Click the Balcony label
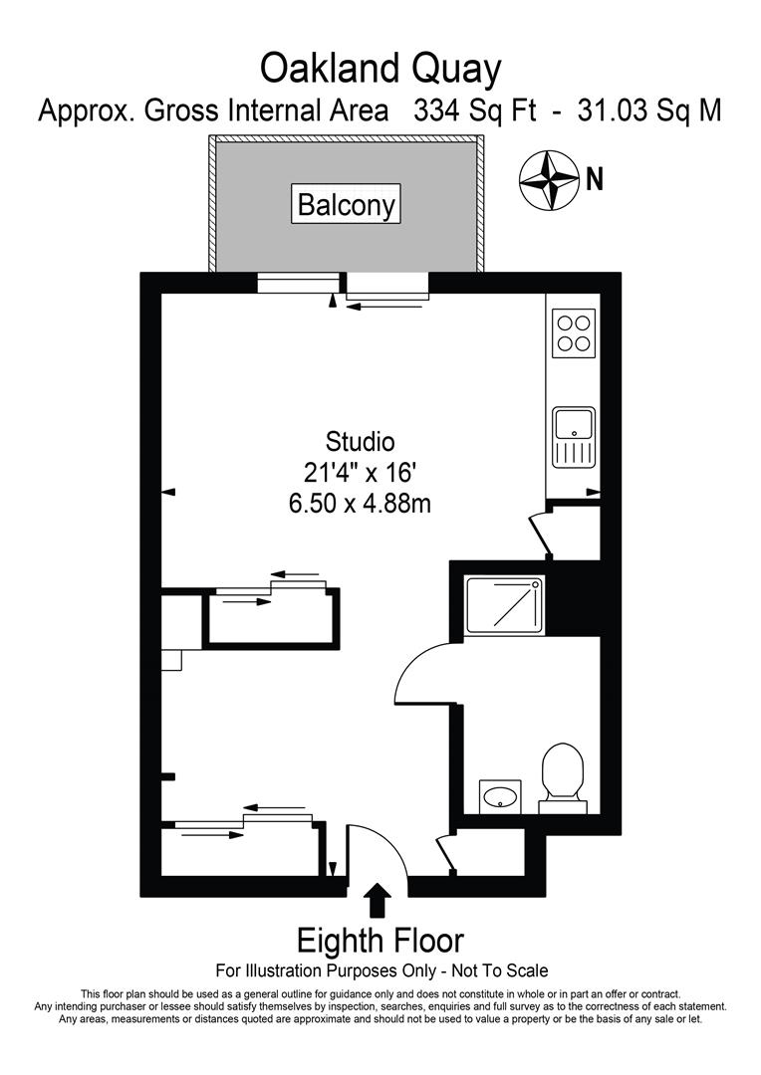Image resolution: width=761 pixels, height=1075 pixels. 347,206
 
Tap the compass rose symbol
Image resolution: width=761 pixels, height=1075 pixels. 549,180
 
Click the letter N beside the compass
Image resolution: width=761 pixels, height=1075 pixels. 595,179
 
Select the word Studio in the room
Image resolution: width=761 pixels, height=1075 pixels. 360,441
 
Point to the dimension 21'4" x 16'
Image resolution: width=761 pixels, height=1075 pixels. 360,472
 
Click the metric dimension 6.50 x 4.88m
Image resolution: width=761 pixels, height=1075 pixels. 360,504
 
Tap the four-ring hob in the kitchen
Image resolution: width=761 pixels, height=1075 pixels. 574,332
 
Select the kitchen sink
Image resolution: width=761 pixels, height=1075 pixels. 574,436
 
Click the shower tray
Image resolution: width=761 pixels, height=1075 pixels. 506,605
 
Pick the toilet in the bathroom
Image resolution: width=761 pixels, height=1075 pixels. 563,774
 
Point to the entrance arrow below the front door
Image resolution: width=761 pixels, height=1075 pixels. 379,902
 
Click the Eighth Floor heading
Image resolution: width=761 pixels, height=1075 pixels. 380,941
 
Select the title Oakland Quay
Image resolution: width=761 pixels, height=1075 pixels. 380,69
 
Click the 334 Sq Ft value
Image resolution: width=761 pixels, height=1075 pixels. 472,110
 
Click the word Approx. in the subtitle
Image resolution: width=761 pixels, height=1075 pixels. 86,110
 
